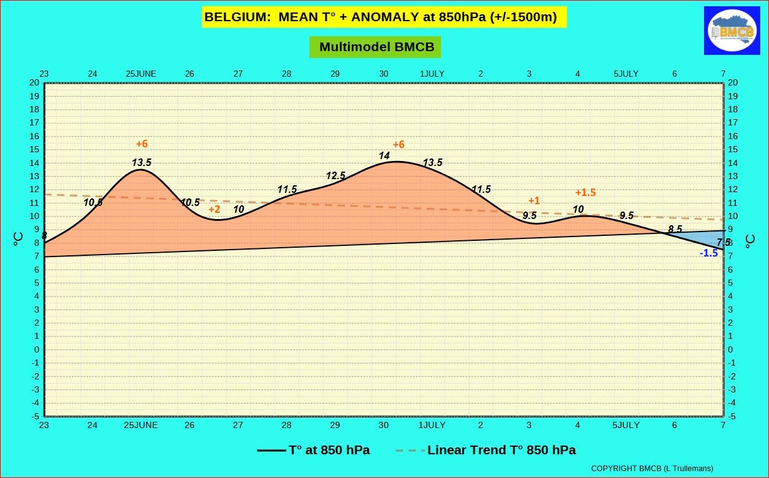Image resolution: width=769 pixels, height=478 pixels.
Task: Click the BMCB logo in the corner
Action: click(732, 31)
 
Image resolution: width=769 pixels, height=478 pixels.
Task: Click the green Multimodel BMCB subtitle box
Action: click(375, 47)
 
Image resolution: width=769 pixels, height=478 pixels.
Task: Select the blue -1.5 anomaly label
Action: click(708, 253)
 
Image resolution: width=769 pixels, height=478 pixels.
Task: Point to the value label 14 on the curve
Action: click(384, 155)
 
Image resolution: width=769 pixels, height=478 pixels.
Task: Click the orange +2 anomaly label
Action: click(214, 209)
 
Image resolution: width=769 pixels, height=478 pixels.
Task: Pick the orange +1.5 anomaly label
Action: click(585, 192)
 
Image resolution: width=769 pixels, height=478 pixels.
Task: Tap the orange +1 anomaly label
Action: click(534, 200)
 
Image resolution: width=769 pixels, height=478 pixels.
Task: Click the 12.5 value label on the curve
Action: click(335, 176)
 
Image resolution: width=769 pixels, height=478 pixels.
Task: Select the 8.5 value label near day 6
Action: click(675, 229)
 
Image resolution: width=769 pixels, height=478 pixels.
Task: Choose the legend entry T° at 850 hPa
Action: click(313, 450)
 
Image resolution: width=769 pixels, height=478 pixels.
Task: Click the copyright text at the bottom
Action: click(652, 469)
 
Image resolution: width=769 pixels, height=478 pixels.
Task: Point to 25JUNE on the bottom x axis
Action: click(141, 425)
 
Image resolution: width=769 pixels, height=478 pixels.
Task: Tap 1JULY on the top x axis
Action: click(432, 74)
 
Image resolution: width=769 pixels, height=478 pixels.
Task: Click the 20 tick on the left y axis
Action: click(34, 82)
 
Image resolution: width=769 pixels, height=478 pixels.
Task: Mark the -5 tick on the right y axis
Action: click(732, 417)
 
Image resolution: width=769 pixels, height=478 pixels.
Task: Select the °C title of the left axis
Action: click(18, 238)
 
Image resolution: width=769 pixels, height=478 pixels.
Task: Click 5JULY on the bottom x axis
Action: click(626, 425)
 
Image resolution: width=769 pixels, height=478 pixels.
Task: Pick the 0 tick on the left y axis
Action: click(37, 349)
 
